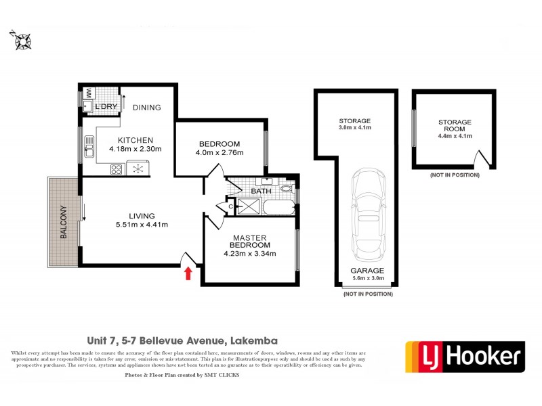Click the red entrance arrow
click(x=188, y=272)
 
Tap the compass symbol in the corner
click(x=21, y=41)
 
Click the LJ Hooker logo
click(x=465, y=356)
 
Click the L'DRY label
click(x=107, y=107)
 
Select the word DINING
click(x=146, y=107)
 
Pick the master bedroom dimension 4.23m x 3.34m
click(x=251, y=254)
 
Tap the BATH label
click(x=261, y=191)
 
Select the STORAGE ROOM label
click(x=454, y=126)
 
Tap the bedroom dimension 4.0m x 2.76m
click(x=220, y=153)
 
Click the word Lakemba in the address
click(x=254, y=340)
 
